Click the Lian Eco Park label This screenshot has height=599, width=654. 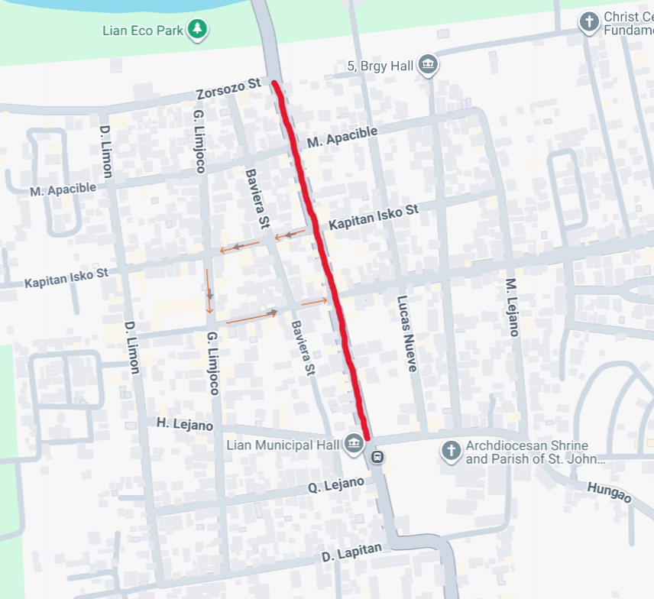pos(144,31)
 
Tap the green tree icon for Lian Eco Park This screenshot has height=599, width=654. pos(199,29)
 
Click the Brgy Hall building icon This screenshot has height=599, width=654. pos(428,66)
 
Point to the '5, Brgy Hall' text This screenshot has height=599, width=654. pos(380,66)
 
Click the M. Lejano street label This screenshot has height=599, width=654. pos(512,306)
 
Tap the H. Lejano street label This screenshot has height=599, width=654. pos(185,424)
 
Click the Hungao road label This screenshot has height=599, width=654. pos(609,493)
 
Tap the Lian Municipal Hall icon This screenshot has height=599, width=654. pos(353,444)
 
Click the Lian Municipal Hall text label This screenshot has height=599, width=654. pos(280,445)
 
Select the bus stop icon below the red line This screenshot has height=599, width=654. pos(377,458)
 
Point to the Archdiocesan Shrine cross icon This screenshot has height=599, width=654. pos(452,452)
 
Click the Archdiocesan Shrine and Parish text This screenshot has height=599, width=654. pos(527,452)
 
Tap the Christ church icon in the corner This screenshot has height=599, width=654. pos(588,22)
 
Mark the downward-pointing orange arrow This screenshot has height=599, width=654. pos(209,290)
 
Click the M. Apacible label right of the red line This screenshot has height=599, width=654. pos(342,138)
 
